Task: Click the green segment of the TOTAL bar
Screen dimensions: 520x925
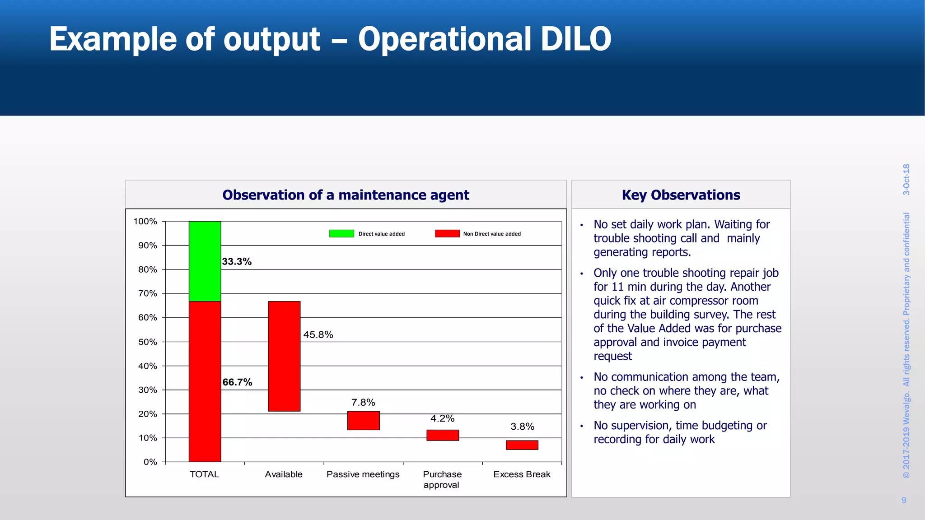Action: pyautogui.click(x=205, y=261)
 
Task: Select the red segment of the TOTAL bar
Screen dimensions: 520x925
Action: pyautogui.click(x=205, y=381)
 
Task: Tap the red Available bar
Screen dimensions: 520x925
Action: pyautogui.click(x=284, y=356)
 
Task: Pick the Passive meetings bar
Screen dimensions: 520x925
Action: pyautogui.click(x=363, y=420)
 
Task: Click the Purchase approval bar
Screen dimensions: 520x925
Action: pyautogui.click(x=443, y=435)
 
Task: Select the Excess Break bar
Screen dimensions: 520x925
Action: pyautogui.click(x=522, y=445)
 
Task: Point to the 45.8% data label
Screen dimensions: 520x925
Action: pyautogui.click(x=318, y=335)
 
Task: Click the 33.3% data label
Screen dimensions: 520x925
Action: pyautogui.click(x=237, y=262)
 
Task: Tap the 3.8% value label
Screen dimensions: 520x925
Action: pyautogui.click(x=522, y=427)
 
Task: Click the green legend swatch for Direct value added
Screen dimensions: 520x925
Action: pyautogui.click(x=341, y=233)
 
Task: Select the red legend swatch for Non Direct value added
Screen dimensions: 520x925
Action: pyautogui.click(x=447, y=233)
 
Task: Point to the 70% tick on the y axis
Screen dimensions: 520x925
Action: pyautogui.click(x=148, y=293)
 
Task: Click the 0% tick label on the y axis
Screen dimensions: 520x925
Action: pyautogui.click(x=150, y=462)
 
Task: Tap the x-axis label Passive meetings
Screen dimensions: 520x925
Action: pyautogui.click(x=363, y=474)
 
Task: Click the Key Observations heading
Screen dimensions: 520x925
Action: pyautogui.click(x=681, y=195)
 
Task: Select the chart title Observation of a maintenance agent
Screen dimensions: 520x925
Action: pyautogui.click(x=346, y=195)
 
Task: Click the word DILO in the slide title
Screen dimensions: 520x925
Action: pyautogui.click(x=575, y=39)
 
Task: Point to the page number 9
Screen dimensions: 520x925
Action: pyautogui.click(x=904, y=500)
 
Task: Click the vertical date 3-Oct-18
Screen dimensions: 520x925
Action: pyautogui.click(x=906, y=180)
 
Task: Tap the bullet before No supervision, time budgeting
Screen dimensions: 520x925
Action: pyautogui.click(x=582, y=426)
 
